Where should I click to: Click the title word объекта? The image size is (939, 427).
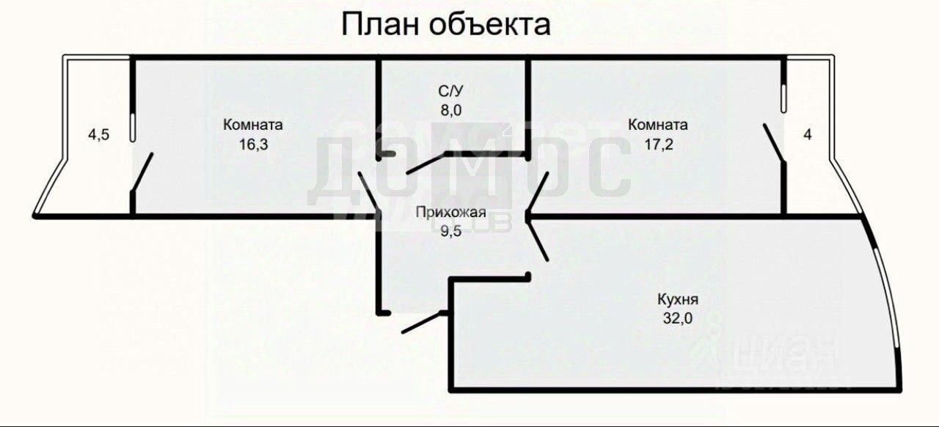pyautogui.click(x=490, y=24)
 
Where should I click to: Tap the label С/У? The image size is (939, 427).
pyautogui.click(x=450, y=92)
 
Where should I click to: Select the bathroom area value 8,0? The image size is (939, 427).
pyautogui.click(x=450, y=110)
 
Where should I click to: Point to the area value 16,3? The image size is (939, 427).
pyautogui.click(x=253, y=144)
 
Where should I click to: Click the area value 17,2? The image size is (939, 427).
pyautogui.click(x=658, y=144)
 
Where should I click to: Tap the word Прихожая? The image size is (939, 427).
pyautogui.click(x=450, y=213)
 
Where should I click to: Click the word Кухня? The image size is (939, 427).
pyautogui.click(x=678, y=299)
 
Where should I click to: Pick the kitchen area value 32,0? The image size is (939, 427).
pyautogui.click(x=678, y=318)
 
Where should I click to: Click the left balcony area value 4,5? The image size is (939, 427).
pyautogui.click(x=98, y=134)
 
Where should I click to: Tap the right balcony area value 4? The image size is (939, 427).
pyautogui.click(x=808, y=134)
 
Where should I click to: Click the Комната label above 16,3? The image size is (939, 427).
pyautogui.click(x=253, y=125)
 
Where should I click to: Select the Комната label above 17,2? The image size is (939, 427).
pyautogui.click(x=658, y=125)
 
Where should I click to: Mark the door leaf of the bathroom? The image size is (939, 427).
pyautogui.click(x=425, y=163)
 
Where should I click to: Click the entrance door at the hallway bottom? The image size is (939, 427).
pyautogui.click(x=421, y=322)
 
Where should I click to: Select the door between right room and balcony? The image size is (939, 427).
pyautogui.click(x=774, y=143)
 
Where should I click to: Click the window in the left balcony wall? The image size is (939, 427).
pyautogui.click(x=132, y=126)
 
